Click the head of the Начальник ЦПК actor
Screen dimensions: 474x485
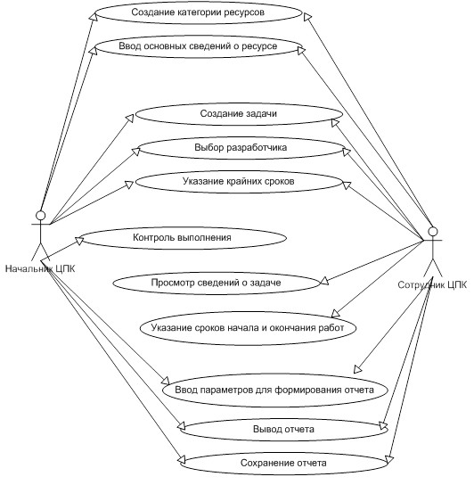pos(40,215)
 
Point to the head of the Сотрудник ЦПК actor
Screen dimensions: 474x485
pos(433,232)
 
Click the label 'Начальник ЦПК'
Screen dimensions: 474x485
pos(40,268)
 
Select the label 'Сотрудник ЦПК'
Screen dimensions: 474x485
pos(432,284)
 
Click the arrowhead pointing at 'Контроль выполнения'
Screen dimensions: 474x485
pos(80,241)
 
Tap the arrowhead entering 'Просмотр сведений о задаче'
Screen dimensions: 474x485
pos(324,281)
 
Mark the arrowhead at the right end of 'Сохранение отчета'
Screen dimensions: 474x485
pos(389,460)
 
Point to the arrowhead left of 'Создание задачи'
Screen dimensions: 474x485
pos(130,118)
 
